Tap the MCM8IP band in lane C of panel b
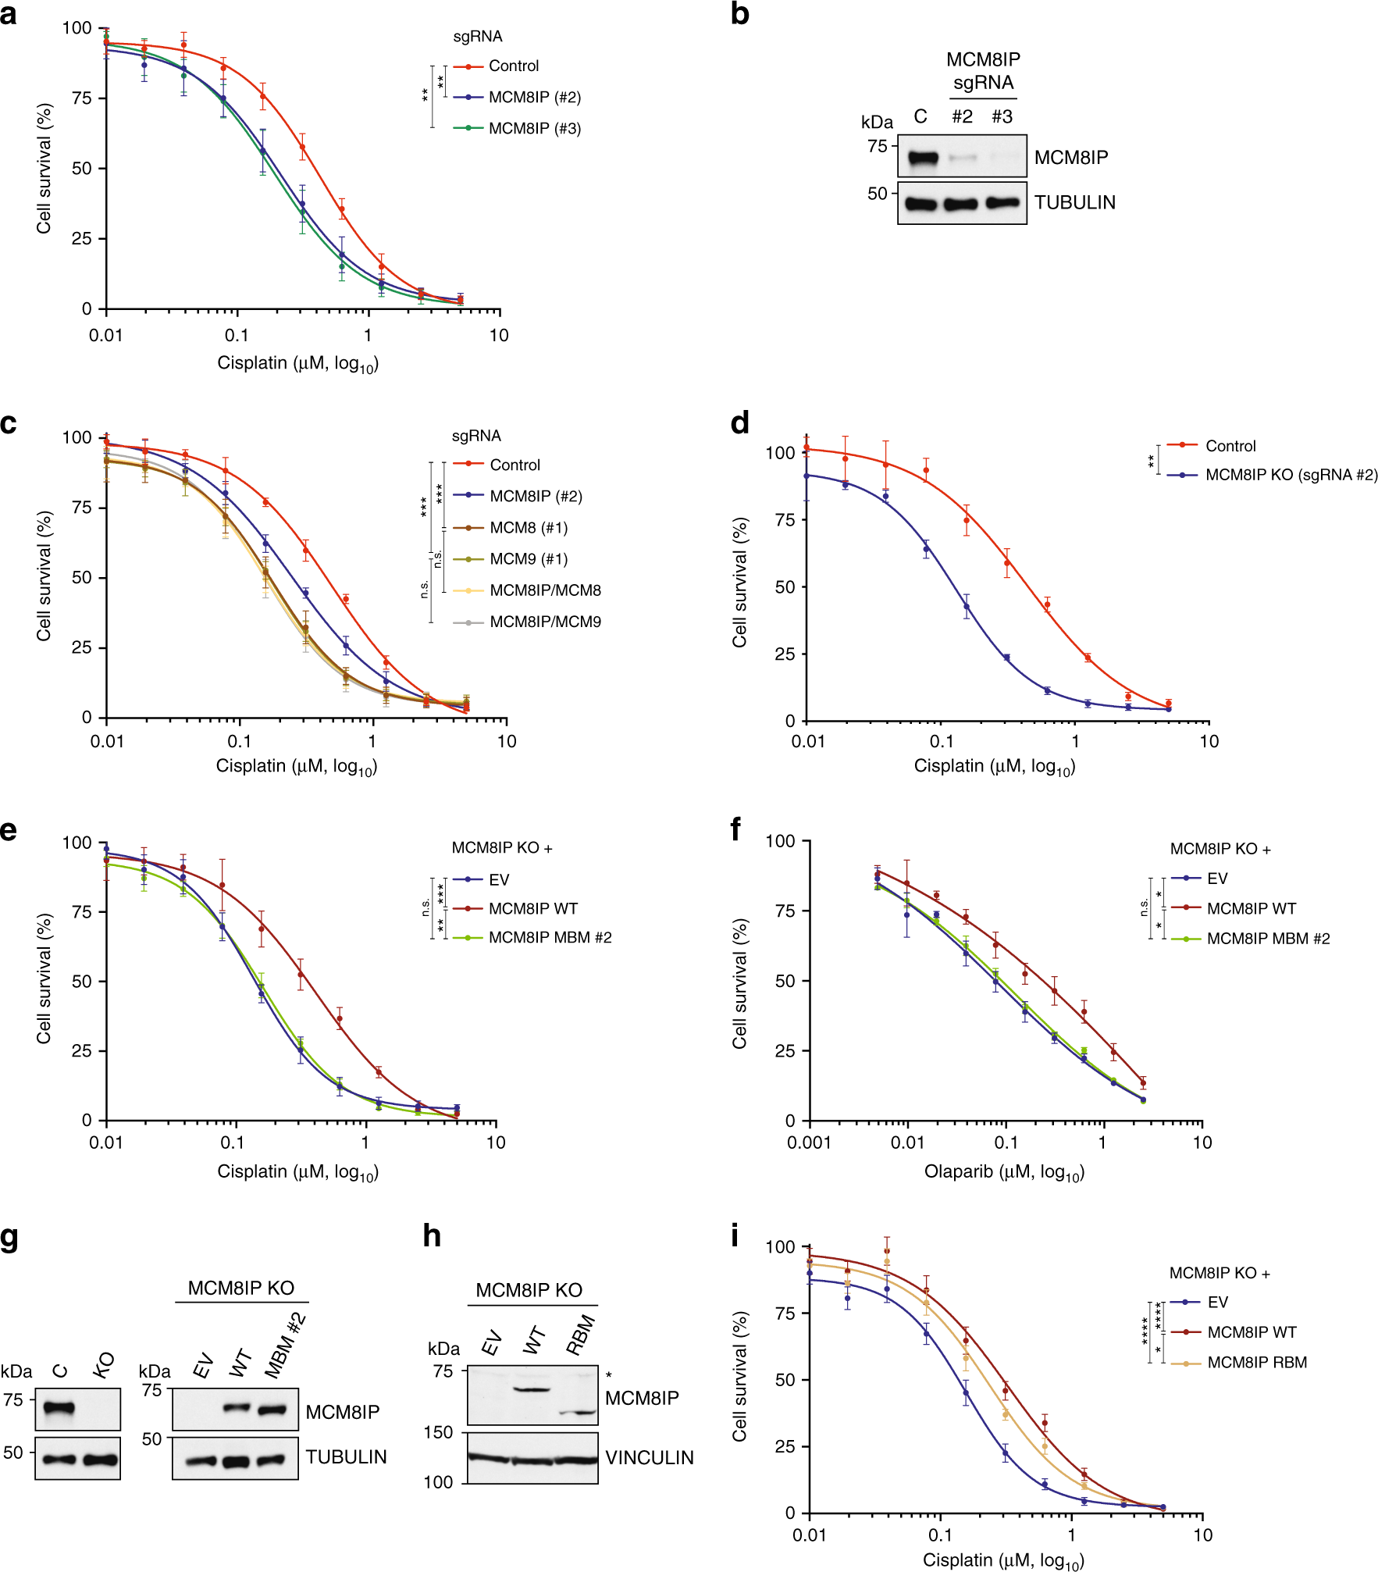pyautogui.click(x=922, y=159)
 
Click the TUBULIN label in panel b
pyautogui.click(x=1074, y=203)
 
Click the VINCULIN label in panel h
pyautogui.click(x=649, y=1458)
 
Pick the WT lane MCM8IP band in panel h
pyautogui.click(x=532, y=1389)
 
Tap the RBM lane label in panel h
pyautogui.click(x=581, y=1335)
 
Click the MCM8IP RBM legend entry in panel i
pyautogui.click(x=1256, y=1363)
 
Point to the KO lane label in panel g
pyautogui.click(x=104, y=1365)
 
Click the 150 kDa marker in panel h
pyautogui.click(x=438, y=1432)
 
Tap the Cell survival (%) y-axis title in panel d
pyautogui.click(x=739, y=583)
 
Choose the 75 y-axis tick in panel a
pyautogui.click(x=82, y=98)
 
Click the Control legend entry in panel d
pyautogui.click(x=1230, y=447)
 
